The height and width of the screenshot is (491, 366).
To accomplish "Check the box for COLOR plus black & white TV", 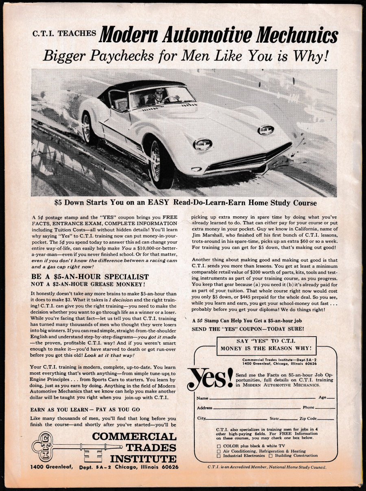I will [219, 445].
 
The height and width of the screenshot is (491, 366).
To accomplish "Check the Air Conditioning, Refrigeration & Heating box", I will [219, 451].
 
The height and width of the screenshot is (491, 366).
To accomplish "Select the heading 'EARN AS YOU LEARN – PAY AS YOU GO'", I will [85, 410].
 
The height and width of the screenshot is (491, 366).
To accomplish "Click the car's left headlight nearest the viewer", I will [203, 144].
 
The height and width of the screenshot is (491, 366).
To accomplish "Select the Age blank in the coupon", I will [331, 398].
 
